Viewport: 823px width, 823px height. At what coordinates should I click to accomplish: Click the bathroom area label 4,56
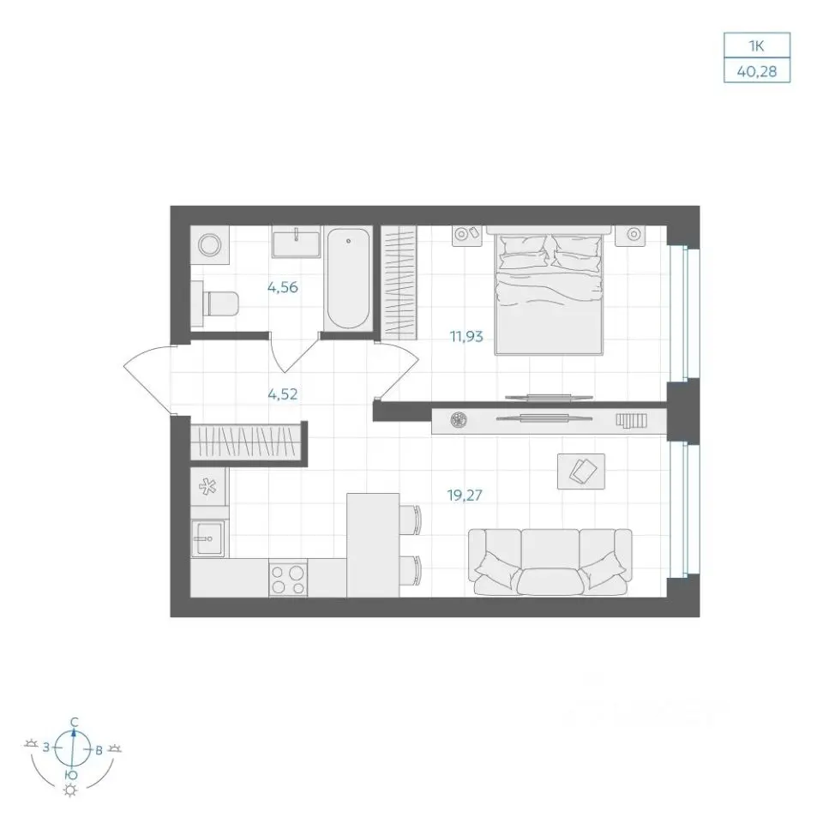click(x=282, y=287)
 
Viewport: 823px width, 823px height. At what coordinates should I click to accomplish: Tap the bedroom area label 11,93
click(x=466, y=336)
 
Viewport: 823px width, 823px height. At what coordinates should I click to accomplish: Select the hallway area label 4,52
click(x=282, y=393)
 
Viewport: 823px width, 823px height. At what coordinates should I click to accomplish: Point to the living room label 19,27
click(x=465, y=495)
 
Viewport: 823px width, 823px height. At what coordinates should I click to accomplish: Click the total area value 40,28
click(x=756, y=71)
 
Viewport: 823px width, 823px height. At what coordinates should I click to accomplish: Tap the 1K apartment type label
click(x=756, y=46)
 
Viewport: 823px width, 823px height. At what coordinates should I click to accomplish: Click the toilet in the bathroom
click(x=215, y=303)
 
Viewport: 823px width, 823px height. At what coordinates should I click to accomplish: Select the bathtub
click(x=348, y=279)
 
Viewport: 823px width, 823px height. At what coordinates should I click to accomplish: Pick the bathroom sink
click(x=296, y=242)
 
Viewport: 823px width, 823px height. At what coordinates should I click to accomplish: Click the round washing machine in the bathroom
click(x=210, y=245)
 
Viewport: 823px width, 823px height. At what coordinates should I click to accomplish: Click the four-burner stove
click(x=288, y=578)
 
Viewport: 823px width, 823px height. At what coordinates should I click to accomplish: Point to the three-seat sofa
click(x=550, y=562)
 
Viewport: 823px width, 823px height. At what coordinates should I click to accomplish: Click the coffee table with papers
click(x=581, y=472)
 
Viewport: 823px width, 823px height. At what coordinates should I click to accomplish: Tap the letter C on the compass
click(x=75, y=722)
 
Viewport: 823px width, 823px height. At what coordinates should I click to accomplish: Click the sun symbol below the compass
click(x=69, y=790)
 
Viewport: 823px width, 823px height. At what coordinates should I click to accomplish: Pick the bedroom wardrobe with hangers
click(x=399, y=282)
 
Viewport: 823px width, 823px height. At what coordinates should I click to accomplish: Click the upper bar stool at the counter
click(x=411, y=520)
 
